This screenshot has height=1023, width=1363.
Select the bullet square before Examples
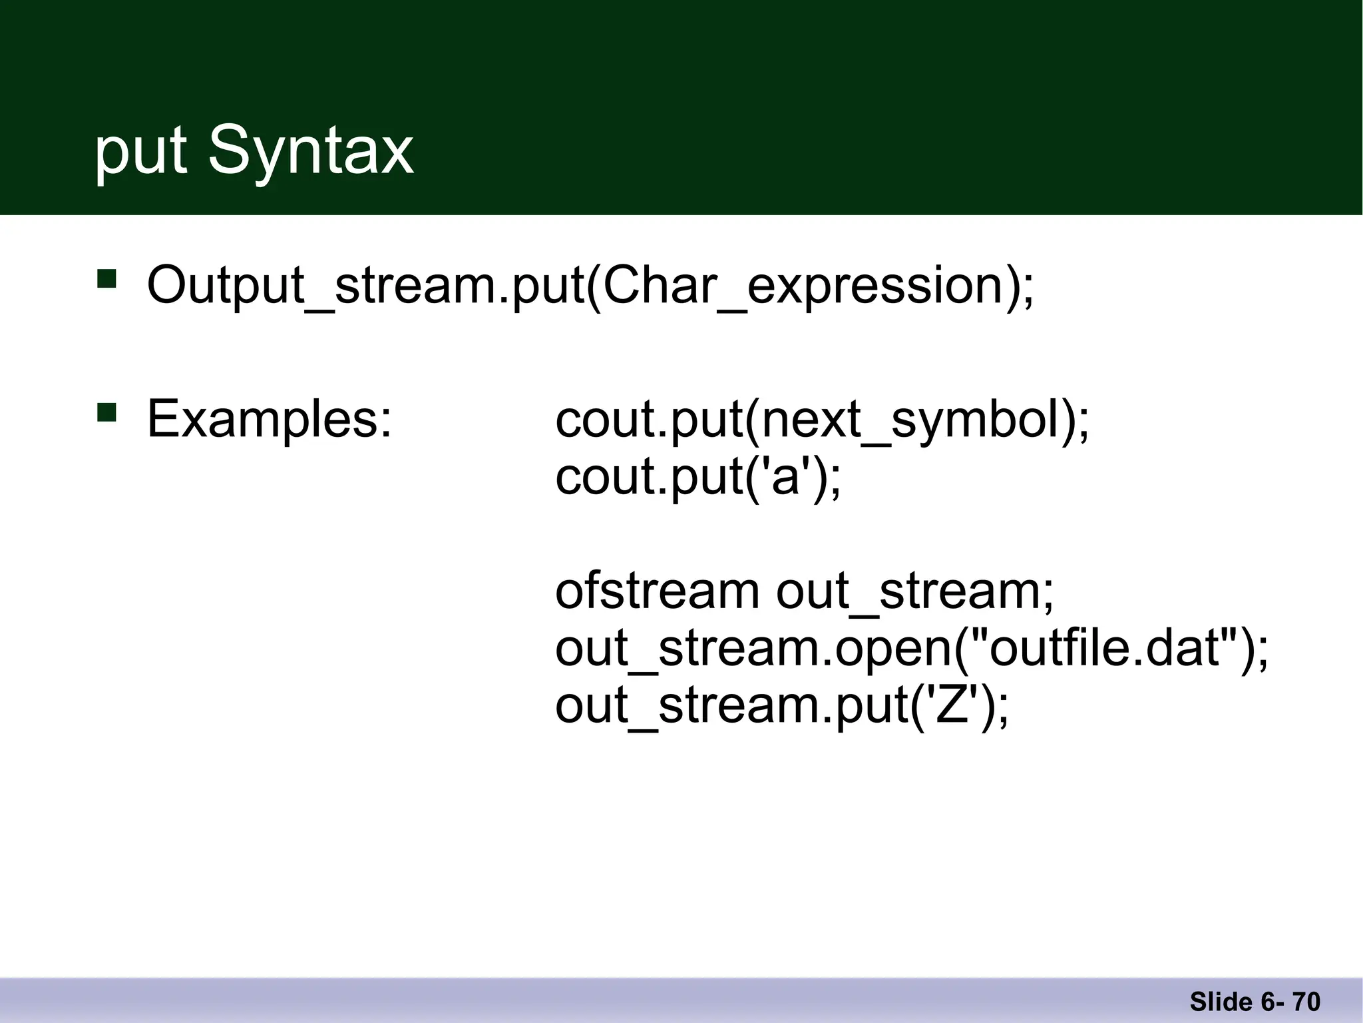pos(106,412)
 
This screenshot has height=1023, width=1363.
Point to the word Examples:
pos(270,420)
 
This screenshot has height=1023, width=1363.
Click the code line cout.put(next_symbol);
pos(822,421)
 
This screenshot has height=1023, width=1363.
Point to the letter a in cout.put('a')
pos(785,478)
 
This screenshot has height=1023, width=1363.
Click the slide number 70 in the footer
pos(1306,1002)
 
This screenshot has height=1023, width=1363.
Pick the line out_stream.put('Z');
pos(782,706)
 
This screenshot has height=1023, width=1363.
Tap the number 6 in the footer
pos(1267,1002)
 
